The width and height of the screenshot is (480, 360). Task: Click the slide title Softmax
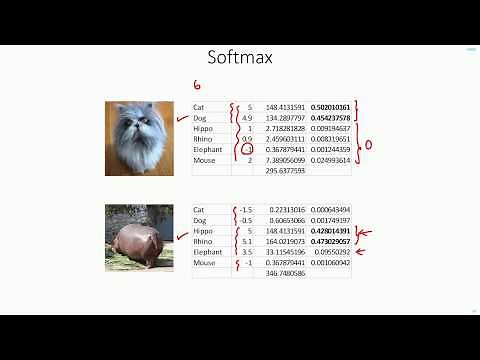click(x=240, y=58)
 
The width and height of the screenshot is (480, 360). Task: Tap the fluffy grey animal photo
click(x=134, y=139)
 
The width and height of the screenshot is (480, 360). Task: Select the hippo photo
click(x=134, y=238)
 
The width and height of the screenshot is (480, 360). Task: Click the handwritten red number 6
click(x=197, y=86)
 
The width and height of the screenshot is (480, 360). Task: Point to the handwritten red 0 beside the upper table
click(x=368, y=145)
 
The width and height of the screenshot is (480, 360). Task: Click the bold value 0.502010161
click(x=330, y=107)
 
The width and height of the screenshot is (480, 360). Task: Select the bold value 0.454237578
click(x=330, y=117)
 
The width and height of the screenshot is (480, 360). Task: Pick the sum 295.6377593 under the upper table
click(x=285, y=171)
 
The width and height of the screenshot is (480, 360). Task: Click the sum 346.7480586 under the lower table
click(x=285, y=273)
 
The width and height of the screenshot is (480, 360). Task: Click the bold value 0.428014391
click(x=330, y=231)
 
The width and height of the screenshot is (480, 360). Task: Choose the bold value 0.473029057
click(x=330, y=241)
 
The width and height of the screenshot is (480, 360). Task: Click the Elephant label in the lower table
click(x=207, y=252)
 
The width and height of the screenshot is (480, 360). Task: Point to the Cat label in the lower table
click(x=199, y=210)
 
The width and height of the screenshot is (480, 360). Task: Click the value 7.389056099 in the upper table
click(x=285, y=160)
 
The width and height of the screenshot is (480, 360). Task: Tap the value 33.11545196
click(x=285, y=252)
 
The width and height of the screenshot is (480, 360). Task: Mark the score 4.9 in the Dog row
click(x=247, y=117)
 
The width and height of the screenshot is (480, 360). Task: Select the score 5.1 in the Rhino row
click(x=247, y=241)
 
